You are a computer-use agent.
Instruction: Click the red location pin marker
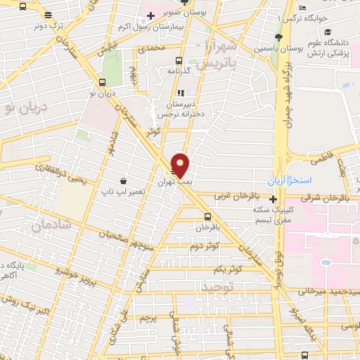point(180,165)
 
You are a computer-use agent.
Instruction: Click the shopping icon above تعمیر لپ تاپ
point(124,180)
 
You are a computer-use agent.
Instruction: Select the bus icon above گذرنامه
point(179,60)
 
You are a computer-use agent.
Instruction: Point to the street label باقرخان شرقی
point(320,197)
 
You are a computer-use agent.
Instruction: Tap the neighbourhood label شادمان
point(47,225)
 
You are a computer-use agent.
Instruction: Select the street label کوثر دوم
point(205,246)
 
